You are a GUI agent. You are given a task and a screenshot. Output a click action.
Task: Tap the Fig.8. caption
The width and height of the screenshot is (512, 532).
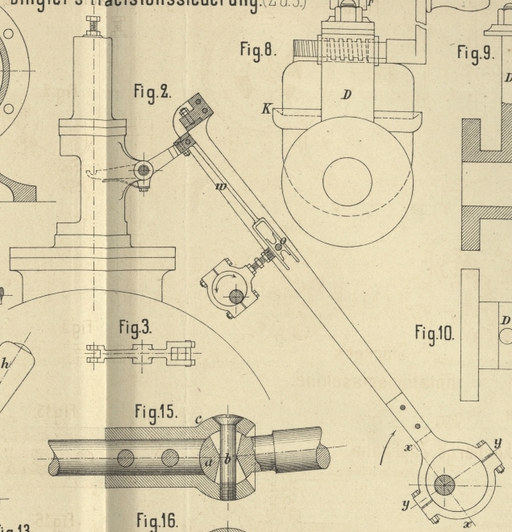click(x=258, y=50)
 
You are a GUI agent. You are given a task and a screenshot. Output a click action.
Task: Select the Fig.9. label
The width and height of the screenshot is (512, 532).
click(x=474, y=53)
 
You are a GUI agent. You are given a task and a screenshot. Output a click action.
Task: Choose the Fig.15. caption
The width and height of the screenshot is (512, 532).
click(x=156, y=412)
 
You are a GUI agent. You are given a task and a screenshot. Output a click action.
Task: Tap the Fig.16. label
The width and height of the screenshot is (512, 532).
click(x=156, y=520)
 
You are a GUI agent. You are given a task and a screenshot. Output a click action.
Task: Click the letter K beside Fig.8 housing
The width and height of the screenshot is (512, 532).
click(x=265, y=109)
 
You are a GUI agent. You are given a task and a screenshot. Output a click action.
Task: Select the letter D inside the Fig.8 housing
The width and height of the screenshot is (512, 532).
click(x=347, y=95)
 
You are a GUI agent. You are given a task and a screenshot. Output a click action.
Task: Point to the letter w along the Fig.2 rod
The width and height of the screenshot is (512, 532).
click(x=220, y=187)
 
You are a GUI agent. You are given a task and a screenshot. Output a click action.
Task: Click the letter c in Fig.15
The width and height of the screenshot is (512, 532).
click(x=198, y=419)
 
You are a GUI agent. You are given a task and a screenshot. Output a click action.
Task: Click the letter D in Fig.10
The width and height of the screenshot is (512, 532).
click(x=506, y=321)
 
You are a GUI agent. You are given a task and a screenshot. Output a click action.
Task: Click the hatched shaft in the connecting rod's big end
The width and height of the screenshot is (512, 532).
click(x=444, y=485)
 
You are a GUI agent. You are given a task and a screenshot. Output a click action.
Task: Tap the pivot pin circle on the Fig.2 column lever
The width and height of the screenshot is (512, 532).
click(x=144, y=170)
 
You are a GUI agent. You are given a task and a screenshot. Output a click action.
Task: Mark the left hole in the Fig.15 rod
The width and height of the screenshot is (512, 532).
click(x=125, y=459)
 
